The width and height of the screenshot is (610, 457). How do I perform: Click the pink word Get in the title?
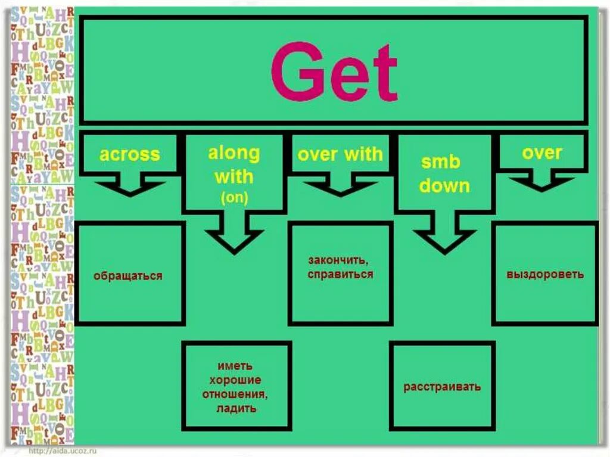point(334,73)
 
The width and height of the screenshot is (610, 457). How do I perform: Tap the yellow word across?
point(130,155)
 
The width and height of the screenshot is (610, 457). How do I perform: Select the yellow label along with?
point(234,165)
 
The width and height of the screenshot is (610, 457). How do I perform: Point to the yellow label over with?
point(340,155)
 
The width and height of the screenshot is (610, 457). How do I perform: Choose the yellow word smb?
point(441,162)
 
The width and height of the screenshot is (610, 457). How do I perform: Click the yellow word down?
point(444,185)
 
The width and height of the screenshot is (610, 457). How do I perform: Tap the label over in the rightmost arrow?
point(541,153)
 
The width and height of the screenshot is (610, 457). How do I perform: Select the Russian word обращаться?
point(128,276)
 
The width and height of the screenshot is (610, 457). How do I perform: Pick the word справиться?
point(341,275)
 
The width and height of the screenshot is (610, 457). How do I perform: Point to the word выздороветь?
point(545,275)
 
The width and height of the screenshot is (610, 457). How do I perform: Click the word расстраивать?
point(442,387)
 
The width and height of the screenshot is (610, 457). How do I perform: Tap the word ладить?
point(236,408)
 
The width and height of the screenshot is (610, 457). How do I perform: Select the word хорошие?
point(236,380)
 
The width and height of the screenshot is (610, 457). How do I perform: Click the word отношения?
point(236,394)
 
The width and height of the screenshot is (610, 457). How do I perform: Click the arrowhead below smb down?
point(444,238)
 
